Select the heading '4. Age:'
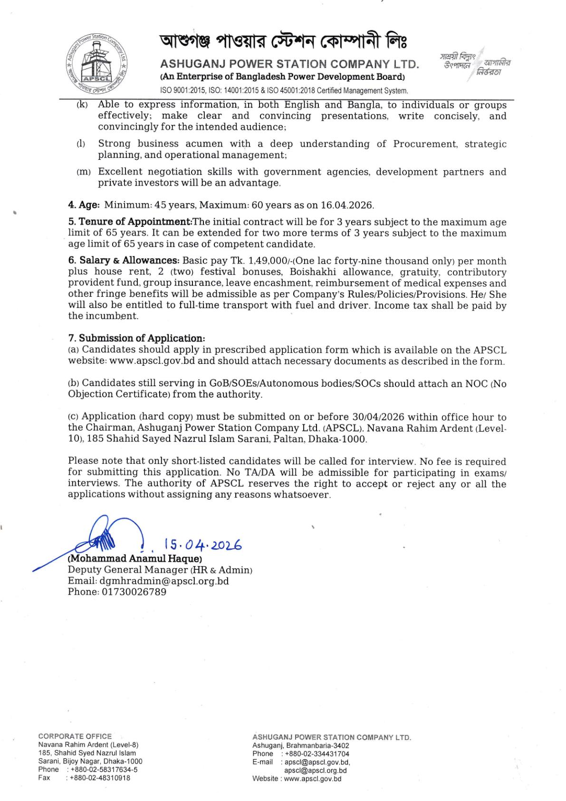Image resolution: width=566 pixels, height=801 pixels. click(x=84, y=205)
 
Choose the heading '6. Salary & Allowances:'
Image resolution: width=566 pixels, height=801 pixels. click(x=124, y=261)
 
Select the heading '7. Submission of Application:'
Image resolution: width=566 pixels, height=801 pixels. click(x=137, y=339)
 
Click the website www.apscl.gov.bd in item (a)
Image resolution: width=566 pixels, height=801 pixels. click(x=153, y=361)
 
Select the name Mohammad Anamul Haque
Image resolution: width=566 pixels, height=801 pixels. click(x=135, y=558)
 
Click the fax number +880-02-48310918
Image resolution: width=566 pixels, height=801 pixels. click(x=100, y=778)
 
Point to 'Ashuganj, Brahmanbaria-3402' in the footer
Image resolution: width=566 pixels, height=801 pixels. click(x=301, y=746)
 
